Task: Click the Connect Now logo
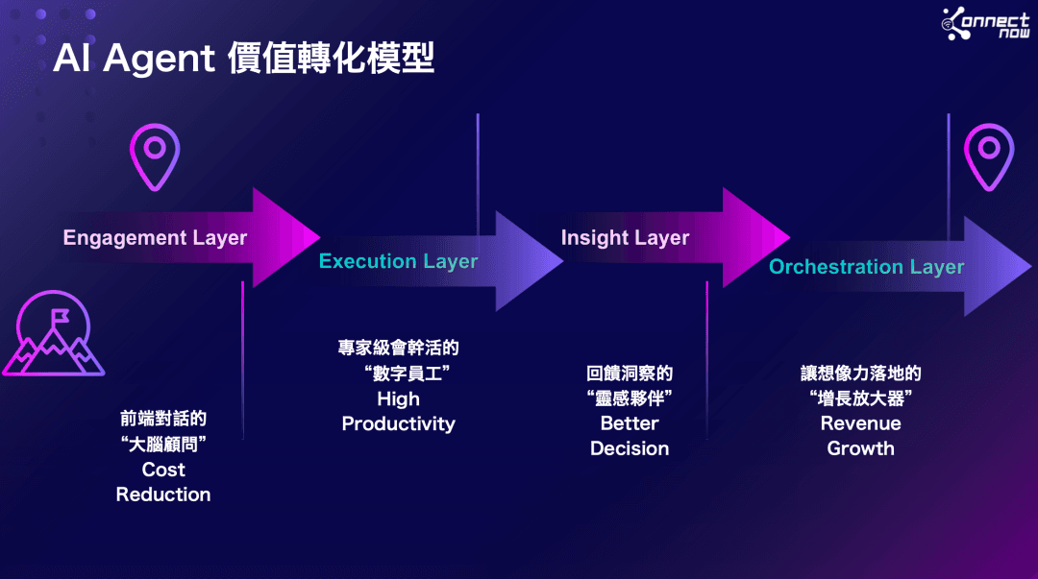click(986, 23)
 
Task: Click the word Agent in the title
click(159, 59)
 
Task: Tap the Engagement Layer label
click(155, 237)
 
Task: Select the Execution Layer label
click(398, 261)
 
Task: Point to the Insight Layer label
click(625, 237)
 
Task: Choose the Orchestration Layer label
click(866, 267)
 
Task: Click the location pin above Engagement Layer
click(155, 157)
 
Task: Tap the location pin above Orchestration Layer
click(989, 157)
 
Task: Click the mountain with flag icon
click(53, 333)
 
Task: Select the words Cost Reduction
click(163, 482)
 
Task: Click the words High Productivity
click(399, 411)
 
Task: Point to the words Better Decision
click(630, 435)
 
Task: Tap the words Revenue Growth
click(860, 435)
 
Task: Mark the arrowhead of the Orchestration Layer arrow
click(997, 266)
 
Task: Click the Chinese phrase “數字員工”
click(408, 374)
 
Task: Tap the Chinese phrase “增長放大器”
click(860, 398)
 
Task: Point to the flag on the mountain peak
click(61, 316)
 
